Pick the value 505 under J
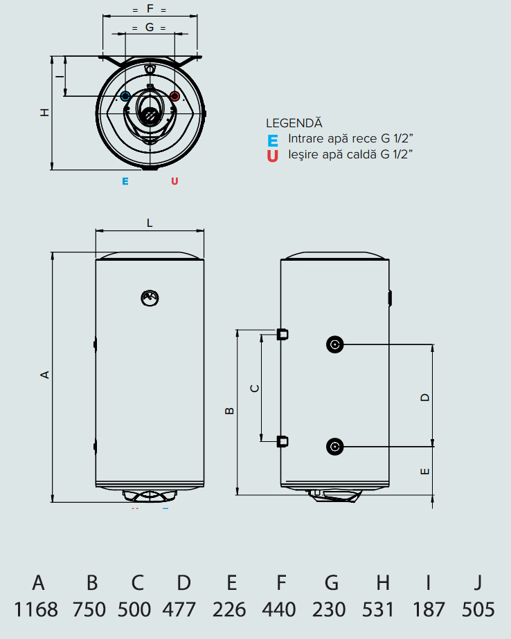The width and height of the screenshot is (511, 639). tap(478, 609)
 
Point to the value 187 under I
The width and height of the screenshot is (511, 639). tap(428, 609)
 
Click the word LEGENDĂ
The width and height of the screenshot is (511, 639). tap(294, 123)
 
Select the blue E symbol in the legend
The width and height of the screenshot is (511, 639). tap(273, 140)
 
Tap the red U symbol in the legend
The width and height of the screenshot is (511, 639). tap(273, 156)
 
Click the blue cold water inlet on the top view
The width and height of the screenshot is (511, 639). tap(126, 96)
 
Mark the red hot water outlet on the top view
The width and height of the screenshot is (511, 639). tap(174, 96)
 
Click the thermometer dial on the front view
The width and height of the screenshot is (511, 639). tap(150, 297)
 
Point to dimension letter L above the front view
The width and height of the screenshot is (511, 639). tap(150, 223)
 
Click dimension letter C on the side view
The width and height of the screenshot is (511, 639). tap(254, 388)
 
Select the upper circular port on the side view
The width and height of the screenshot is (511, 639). tap(335, 344)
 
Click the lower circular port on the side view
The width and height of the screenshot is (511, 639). tap(335, 446)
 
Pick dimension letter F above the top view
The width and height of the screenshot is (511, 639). tap(150, 10)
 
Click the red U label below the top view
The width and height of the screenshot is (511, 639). tap(174, 181)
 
